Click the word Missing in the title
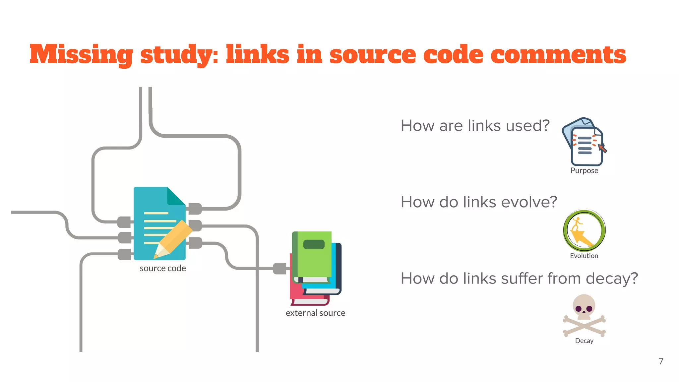(81, 55)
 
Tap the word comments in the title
(558, 55)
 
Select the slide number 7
(661, 361)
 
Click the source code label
(162, 268)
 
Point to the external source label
(315, 313)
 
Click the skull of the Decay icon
(584, 306)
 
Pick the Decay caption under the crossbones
(584, 341)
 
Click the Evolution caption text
(584, 256)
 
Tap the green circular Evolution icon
(584, 230)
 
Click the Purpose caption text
(584, 171)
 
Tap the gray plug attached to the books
(279, 268)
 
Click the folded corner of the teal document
(176, 196)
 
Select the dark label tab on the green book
(314, 244)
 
